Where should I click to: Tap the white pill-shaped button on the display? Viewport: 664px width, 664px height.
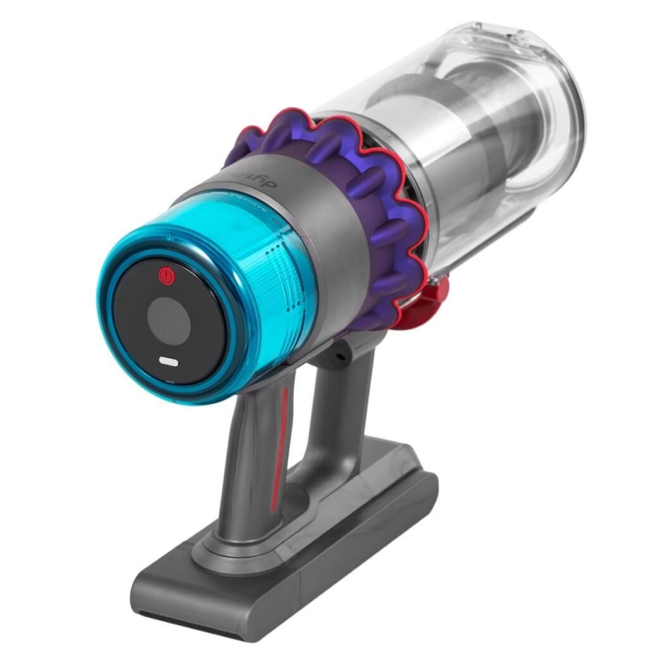[168, 363]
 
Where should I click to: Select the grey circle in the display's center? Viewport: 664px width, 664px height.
[171, 320]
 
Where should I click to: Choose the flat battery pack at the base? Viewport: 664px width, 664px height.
[315, 548]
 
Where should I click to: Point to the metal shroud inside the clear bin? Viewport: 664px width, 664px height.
[465, 158]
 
